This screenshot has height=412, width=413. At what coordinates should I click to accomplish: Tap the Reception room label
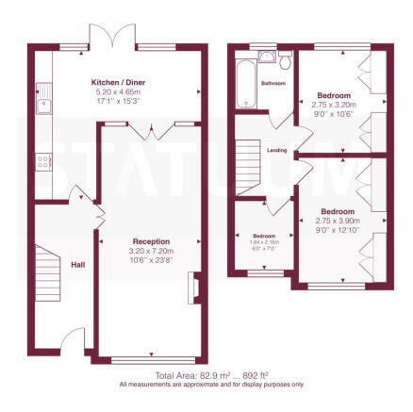tap(151, 241)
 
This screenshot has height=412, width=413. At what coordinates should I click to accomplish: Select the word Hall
tap(77, 265)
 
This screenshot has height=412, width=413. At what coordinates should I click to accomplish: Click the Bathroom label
tap(273, 82)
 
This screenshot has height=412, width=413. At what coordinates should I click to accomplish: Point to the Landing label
tap(277, 149)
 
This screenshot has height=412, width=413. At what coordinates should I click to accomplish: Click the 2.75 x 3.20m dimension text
tap(334, 106)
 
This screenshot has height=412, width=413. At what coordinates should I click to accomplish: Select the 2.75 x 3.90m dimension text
tap(338, 221)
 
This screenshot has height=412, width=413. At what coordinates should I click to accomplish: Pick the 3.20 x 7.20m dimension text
tap(151, 251)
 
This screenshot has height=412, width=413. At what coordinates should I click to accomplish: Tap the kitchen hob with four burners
tap(43, 160)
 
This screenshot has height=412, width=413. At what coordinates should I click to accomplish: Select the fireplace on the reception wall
tap(193, 288)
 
